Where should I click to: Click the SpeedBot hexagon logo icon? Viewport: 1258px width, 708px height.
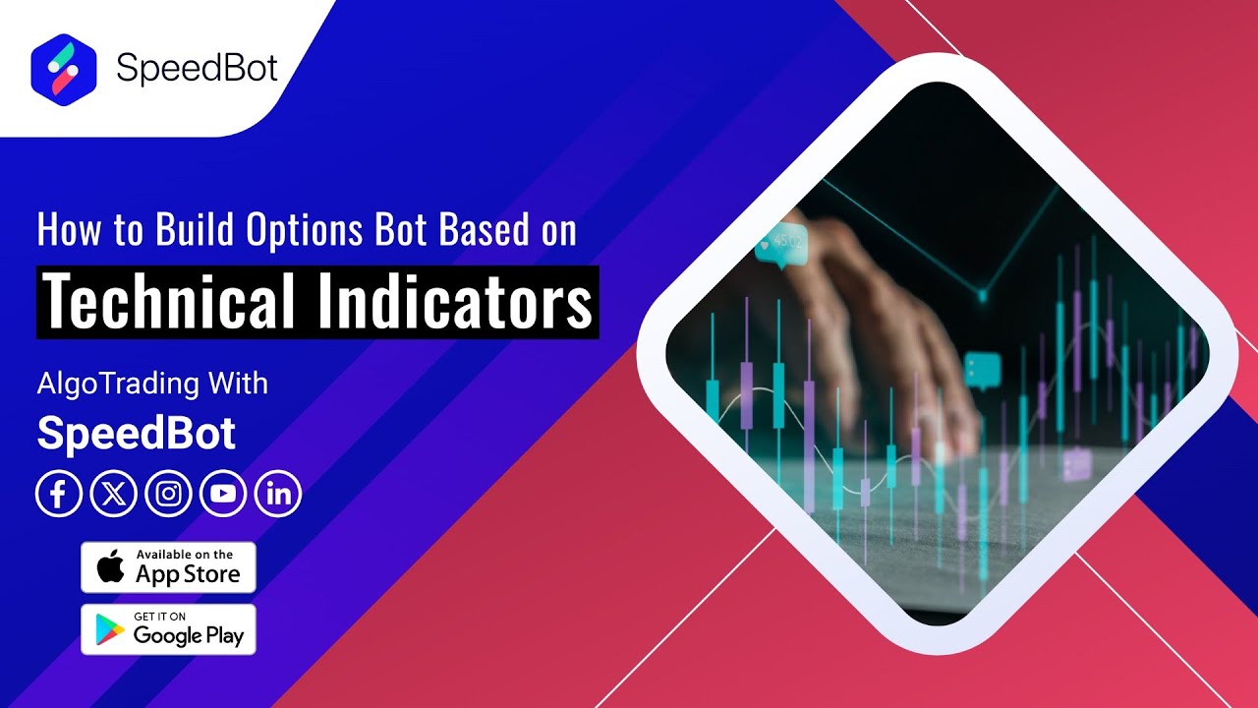tap(64, 70)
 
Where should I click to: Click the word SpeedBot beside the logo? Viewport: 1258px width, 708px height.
tap(197, 68)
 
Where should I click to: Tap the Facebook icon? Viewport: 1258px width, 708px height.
tap(59, 495)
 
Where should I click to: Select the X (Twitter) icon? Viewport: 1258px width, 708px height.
tap(113, 495)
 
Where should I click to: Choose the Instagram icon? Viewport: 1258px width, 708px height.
tap(168, 495)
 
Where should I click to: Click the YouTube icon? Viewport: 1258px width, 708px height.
tap(223, 495)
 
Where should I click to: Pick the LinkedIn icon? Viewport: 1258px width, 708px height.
tap(278, 495)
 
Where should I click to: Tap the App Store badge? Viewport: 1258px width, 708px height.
tap(168, 567)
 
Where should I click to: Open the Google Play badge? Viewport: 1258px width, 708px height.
tap(168, 630)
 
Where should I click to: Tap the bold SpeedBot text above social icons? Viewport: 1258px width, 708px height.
tap(137, 434)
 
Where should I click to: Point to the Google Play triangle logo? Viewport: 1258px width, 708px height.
tap(110, 630)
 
